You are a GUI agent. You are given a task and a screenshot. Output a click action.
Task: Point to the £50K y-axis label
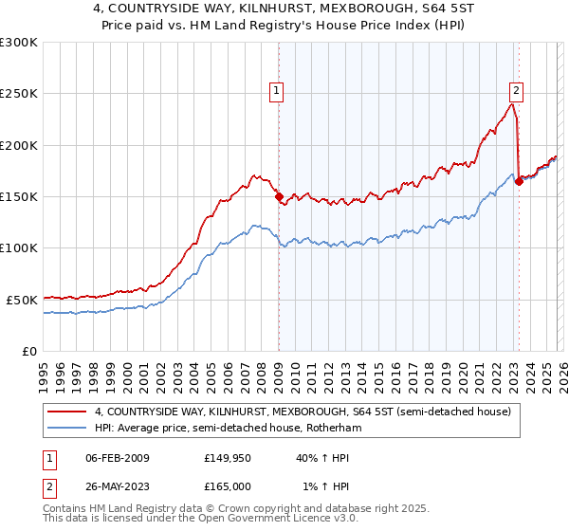[21, 300]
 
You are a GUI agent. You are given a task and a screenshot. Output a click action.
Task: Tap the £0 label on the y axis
[28, 351]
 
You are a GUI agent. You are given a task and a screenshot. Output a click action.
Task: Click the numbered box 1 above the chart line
[277, 92]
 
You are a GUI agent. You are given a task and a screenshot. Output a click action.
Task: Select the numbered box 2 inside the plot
[516, 92]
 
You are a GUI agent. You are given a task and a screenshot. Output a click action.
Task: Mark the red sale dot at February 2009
[279, 197]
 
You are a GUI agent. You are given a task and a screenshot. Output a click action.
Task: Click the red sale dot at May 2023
[519, 182]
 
